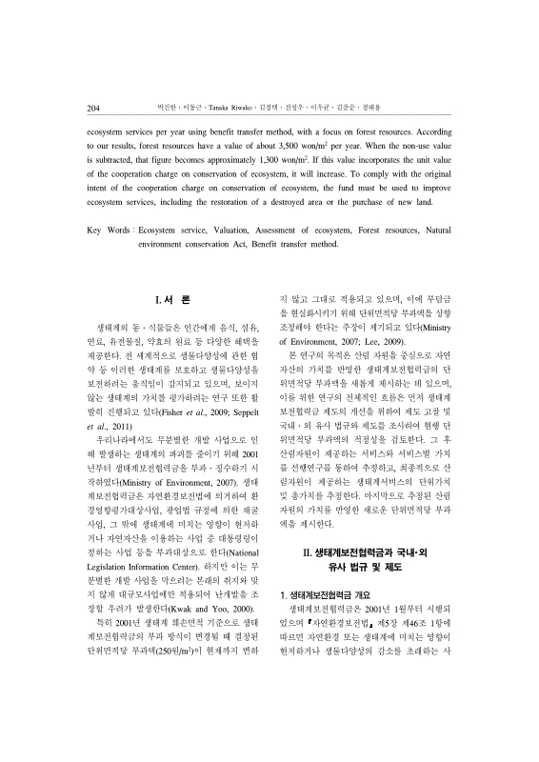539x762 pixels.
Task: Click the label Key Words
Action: pos(107,231)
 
